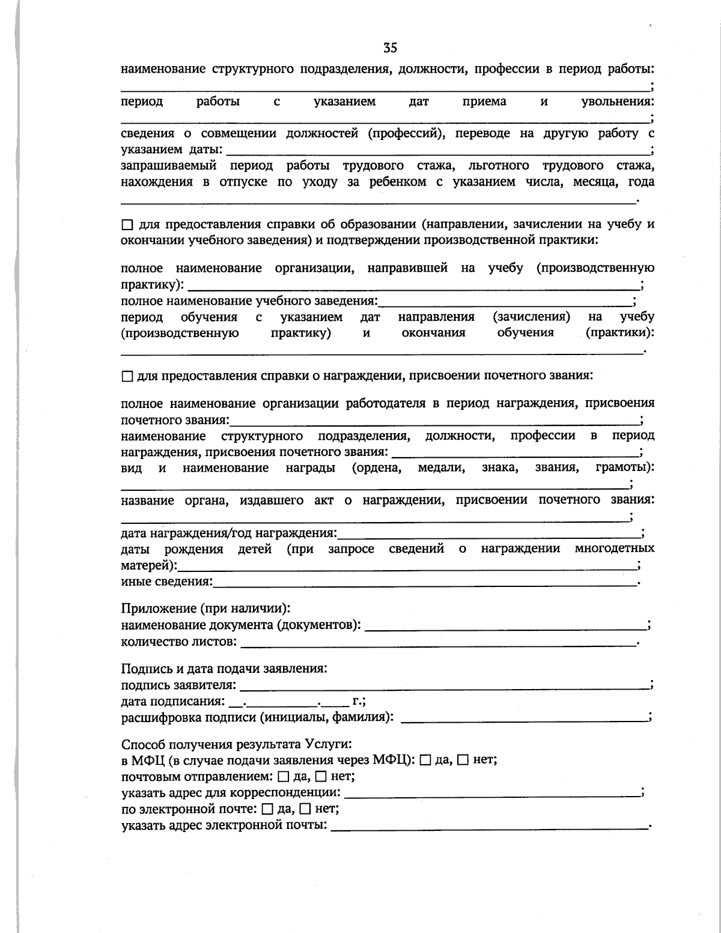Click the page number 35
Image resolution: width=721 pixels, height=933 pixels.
[x=390, y=47]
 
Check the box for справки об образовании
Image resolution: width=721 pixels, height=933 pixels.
[x=127, y=225]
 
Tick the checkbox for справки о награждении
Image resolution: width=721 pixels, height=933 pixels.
[x=127, y=377]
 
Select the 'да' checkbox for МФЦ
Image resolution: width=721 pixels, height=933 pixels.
[x=425, y=761]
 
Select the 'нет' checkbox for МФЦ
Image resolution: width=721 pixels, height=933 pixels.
[x=463, y=761]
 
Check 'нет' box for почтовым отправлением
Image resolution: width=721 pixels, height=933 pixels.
[x=320, y=777]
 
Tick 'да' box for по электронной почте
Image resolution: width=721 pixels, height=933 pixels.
[x=268, y=809]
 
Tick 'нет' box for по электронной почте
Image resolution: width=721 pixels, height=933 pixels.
[x=305, y=809]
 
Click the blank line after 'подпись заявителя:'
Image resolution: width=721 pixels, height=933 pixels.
[x=445, y=684]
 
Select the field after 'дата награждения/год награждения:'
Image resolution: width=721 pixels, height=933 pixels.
[x=489, y=532]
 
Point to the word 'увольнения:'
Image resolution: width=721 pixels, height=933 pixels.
[x=617, y=102]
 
